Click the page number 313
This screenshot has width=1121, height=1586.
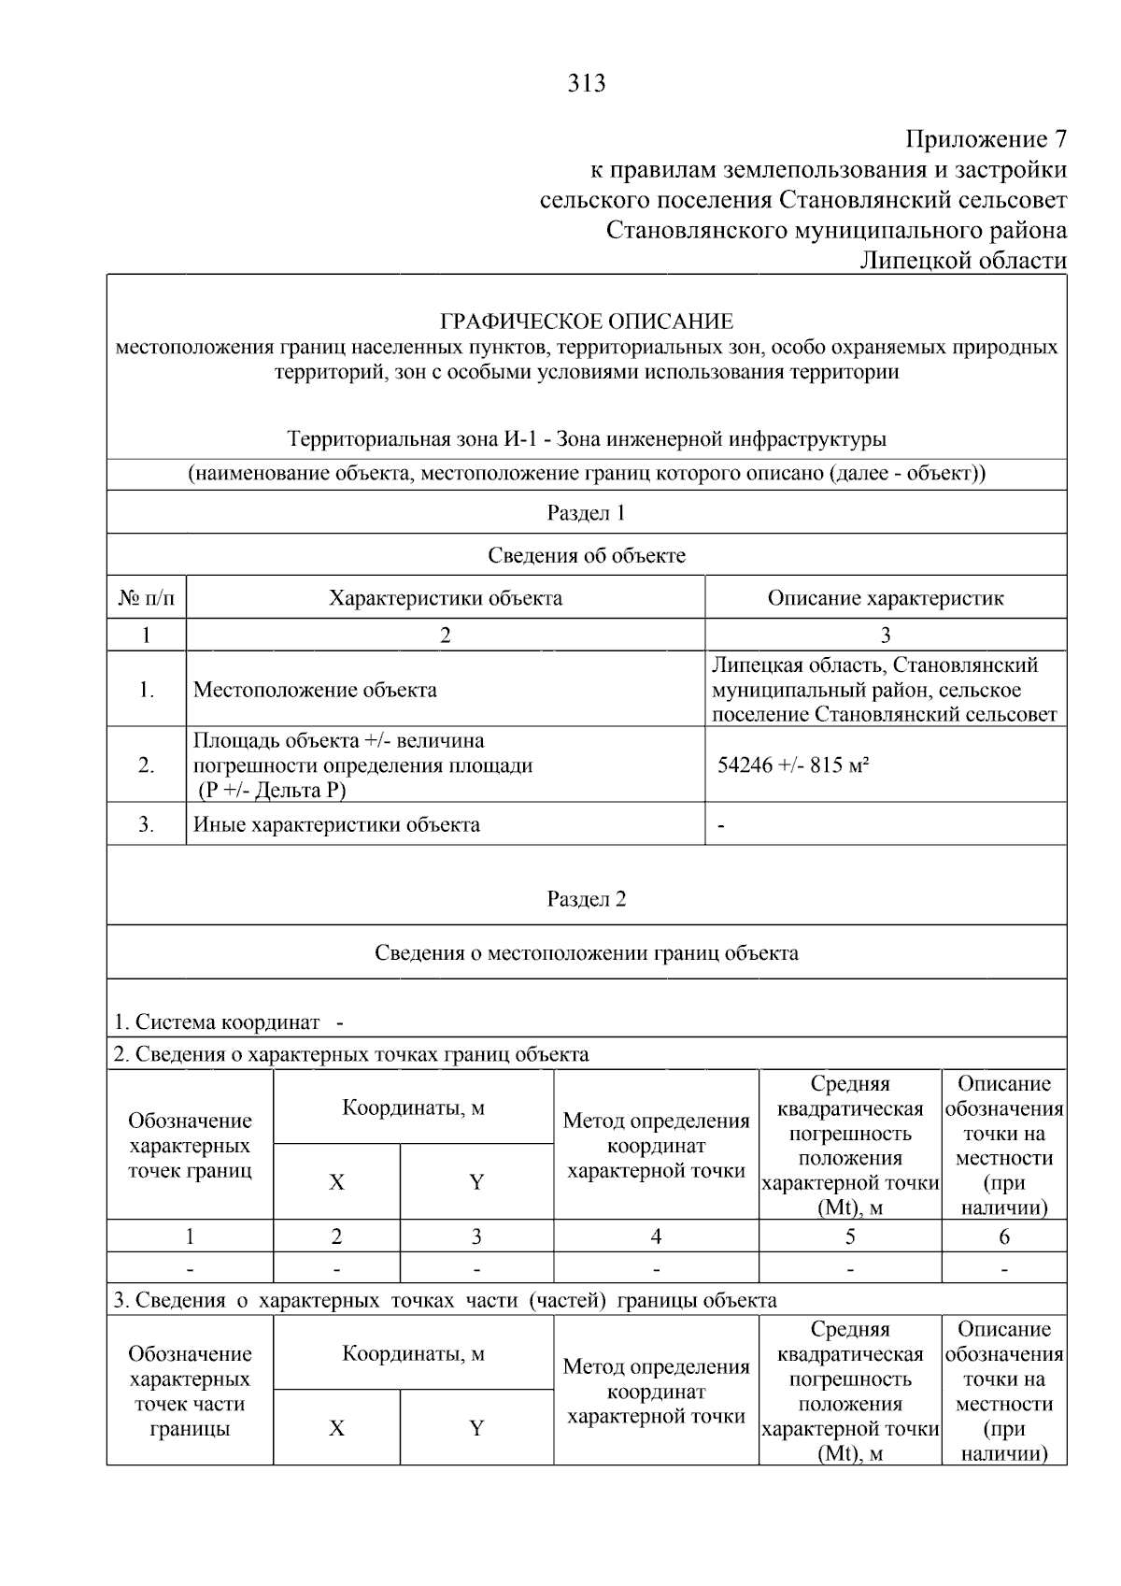587,84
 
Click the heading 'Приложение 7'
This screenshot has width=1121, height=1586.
986,140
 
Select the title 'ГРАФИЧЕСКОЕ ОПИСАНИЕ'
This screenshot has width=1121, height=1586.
587,322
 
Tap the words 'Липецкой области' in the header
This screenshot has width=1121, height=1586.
963,261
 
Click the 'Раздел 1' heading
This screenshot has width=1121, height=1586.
586,513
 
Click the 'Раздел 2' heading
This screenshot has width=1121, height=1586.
586,899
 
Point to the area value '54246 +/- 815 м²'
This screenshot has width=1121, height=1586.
793,765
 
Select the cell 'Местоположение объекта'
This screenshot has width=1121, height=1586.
315,691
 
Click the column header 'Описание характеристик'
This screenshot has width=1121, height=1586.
885,598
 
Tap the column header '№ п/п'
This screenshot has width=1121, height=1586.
147,598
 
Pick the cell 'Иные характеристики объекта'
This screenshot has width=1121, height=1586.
336,825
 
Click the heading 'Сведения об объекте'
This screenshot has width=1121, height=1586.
586,556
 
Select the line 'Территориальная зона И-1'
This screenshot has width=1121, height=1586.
587,439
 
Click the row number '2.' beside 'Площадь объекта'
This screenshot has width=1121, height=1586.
147,765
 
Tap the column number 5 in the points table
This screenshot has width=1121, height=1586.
849,1237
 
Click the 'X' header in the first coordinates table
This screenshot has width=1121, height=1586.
336,1182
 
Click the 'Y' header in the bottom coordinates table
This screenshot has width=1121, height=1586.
476,1428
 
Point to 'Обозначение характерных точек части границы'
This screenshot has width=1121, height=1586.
190,1391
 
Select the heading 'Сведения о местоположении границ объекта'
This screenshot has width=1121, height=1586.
586,953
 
